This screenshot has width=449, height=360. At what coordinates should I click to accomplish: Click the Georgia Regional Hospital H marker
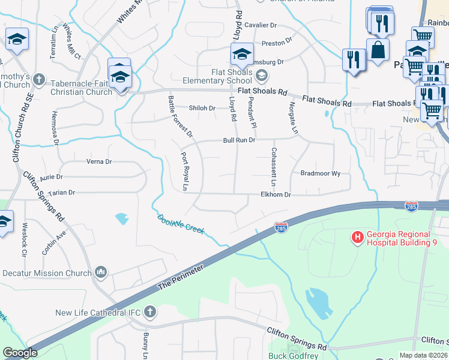358,238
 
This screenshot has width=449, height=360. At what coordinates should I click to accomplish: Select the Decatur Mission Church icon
100,273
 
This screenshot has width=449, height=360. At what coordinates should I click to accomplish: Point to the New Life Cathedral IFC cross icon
149,312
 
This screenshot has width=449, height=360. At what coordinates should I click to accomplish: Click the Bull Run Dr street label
240,140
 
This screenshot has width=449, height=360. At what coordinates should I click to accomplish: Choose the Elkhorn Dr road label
275,195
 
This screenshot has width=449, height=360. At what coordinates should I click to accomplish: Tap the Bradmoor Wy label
321,173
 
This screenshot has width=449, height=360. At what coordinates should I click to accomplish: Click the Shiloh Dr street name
202,108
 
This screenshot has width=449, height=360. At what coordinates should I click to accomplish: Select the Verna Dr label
100,161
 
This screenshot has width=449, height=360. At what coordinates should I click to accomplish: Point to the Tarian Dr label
62,193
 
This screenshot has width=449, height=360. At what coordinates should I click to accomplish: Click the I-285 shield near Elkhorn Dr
280,227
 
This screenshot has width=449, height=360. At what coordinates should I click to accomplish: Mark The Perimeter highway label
185,275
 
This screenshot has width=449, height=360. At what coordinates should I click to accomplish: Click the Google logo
20,353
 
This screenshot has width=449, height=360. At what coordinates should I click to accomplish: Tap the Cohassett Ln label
274,166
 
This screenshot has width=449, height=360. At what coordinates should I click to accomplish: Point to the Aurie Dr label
51,178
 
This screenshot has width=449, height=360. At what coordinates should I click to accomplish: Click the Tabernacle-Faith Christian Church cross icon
39,79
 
